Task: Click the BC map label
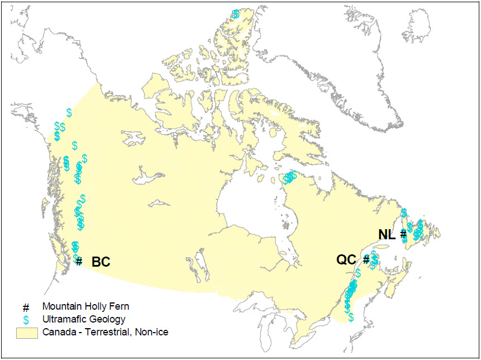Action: tap(101, 262)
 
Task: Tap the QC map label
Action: tap(346, 260)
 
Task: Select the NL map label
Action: tap(387, 234)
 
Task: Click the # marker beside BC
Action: tap(79, 261)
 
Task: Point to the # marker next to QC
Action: tap(366, 259)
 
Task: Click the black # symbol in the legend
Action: tap(26, 307)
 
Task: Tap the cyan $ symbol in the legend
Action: tap(26, 320)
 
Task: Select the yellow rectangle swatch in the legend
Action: tap(26, 333)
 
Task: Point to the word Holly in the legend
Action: tap(93, 306)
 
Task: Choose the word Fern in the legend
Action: tap(117, 306)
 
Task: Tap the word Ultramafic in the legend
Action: tap(63, 319)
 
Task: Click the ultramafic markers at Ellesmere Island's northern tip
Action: tap(236, 13)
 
